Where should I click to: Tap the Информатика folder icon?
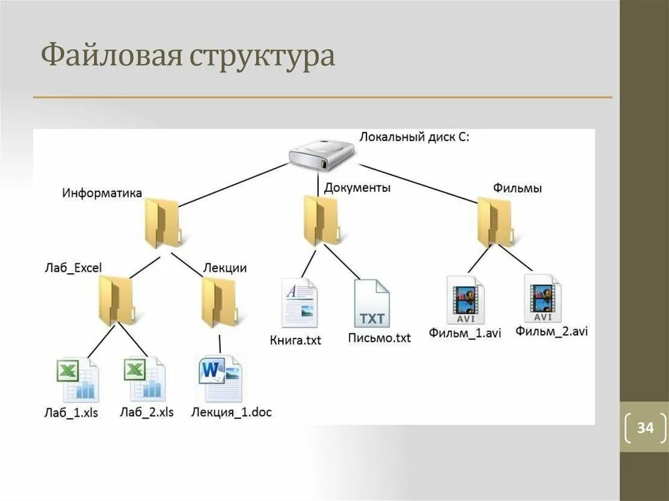click(x=161, y=223)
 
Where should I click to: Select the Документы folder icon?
click(x=321, y=220)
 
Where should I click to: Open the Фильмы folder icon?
click(x=495, y=221)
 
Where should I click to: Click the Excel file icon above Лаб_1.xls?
click(x=77, y=380)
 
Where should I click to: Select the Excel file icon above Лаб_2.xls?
click(x=144, y=380)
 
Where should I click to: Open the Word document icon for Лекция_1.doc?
click(x=220, y=378)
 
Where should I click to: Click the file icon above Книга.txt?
click(x=299, y=302)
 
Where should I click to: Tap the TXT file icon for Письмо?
click(x=372, y=304)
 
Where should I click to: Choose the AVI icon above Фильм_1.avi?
click(x=465, y=300)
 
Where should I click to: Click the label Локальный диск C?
click(x=414, y=137)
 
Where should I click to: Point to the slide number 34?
click(x=645, y=428)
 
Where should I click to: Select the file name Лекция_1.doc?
click(x=231, y=412)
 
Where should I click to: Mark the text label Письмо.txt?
click(x=380, y=338)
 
